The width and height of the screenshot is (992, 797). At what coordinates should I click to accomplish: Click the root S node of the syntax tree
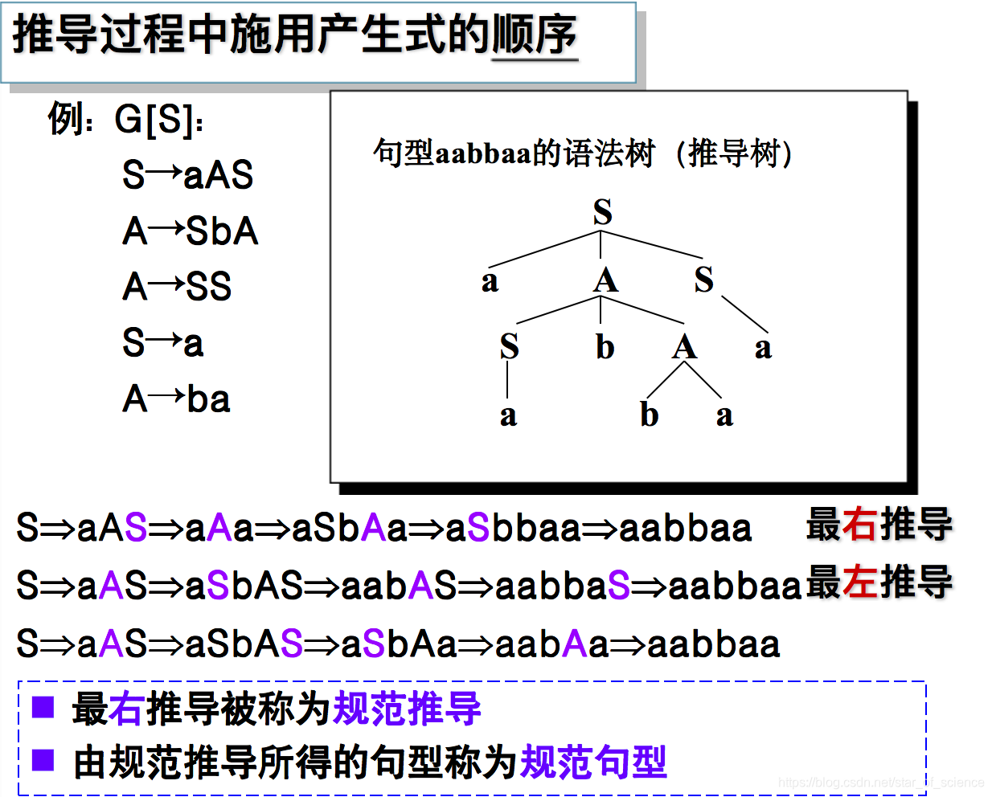(602, 212)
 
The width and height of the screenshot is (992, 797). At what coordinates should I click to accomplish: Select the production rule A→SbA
(190, 231)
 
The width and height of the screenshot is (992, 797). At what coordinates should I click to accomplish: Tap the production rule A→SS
(177, 287)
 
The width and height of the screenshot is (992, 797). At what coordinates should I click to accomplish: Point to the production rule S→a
(162, 343)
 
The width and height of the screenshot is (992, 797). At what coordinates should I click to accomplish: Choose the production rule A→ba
(176, 398)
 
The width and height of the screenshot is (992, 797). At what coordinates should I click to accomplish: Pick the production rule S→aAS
(187, 175)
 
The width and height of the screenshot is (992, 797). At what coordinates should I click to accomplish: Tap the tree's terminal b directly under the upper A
(605, 347)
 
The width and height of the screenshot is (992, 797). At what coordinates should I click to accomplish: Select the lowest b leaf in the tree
(650, 415)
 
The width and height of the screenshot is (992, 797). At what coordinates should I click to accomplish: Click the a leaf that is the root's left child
(490, 281)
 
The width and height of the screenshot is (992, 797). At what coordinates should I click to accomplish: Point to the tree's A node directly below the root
(605, 280)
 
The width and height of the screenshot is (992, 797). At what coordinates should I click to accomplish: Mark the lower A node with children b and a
(684, 347)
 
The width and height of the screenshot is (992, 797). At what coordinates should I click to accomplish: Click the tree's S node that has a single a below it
(509, 346)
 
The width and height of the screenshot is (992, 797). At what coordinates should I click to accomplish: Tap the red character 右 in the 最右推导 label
(859, 525)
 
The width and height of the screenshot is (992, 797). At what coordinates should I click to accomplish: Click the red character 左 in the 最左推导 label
(859, 582)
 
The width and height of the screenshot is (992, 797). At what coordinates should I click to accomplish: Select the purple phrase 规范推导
(407, 709)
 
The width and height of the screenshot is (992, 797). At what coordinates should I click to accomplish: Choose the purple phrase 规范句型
(593, 762)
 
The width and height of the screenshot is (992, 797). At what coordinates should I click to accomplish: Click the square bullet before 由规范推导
(43, 760)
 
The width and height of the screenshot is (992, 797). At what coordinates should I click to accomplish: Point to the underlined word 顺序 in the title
(534, 35)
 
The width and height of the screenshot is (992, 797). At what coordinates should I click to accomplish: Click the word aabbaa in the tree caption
(483, 153)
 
